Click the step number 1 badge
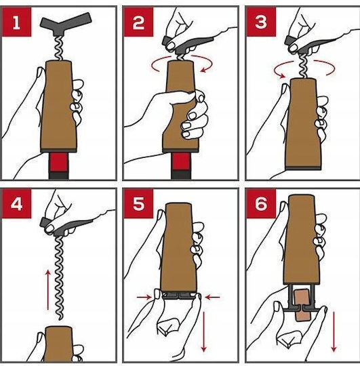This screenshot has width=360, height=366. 16,22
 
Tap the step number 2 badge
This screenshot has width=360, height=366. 138,22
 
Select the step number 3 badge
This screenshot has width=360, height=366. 261,22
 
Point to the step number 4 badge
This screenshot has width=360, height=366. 16,203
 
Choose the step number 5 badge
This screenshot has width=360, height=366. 138,203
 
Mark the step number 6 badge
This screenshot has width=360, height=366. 261,203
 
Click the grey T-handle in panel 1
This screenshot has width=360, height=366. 66,24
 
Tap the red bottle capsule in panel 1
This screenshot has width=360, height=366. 58,162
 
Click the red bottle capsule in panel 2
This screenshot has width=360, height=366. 181,162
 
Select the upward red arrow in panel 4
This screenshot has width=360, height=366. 48,290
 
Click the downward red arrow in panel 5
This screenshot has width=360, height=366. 204,331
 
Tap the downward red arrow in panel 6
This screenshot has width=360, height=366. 334,331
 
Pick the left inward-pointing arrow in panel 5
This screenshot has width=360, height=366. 144,297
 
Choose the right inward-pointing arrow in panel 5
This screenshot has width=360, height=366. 212,297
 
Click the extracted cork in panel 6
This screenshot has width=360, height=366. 302,304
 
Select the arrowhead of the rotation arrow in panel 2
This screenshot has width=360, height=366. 204,69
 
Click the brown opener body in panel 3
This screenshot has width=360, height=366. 303,124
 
